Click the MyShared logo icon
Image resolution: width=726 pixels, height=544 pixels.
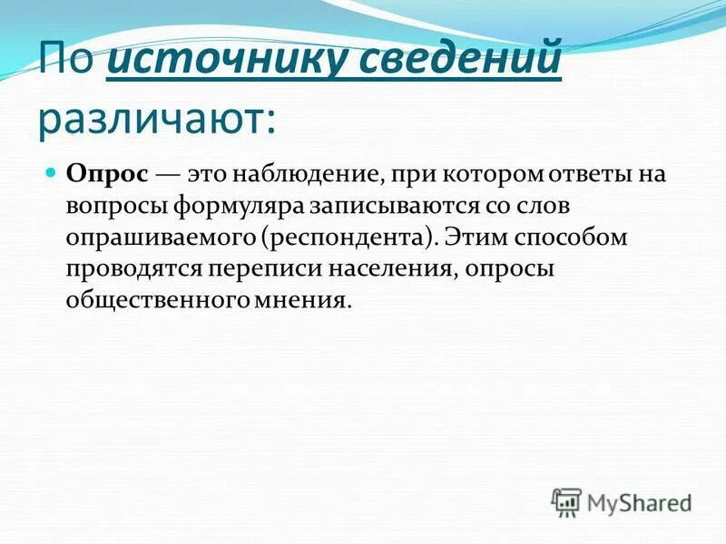(566, 501)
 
